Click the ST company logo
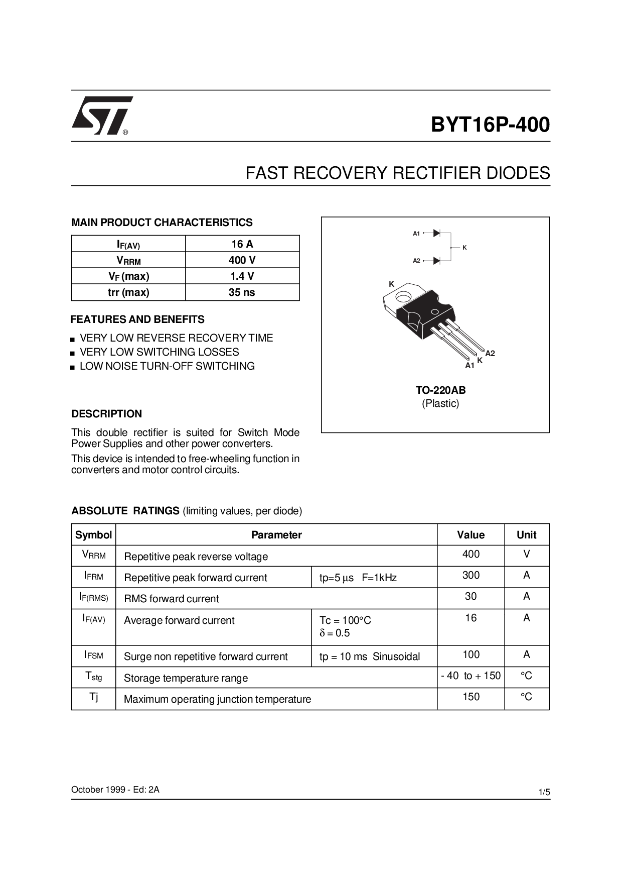tap(102, 116)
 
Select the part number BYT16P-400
tap(490, 125)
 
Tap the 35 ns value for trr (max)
tap(242, 292)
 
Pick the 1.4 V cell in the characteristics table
tap(242, 276)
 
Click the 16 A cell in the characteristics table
tap(242, 244)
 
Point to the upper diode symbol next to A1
tap(436, 233)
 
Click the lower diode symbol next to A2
tap(436, 261)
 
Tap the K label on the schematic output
tap(464, 248)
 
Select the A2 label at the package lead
tap(490, 353)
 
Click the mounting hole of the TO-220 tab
tap(404, 297)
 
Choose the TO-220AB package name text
tap(440, 390)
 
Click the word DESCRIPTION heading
tap(107, 414)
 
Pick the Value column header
tap(471, 535)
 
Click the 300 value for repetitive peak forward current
tap(471, 576)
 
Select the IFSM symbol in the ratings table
tap(94, 655)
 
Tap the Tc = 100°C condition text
tap(345, 620)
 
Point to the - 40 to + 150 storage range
tap(471, 676)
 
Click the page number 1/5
tap(544, 792)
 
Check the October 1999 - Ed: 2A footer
tap(115, 790)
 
